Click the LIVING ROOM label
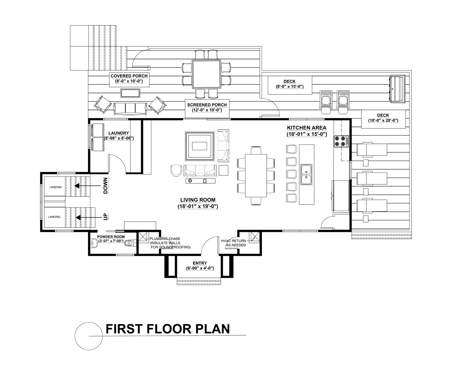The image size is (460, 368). [x=198, y=200]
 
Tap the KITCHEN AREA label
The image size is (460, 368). [x=307, y=128]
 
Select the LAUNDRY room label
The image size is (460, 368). [x=119, y=133]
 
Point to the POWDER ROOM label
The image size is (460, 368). [x=111, y=237]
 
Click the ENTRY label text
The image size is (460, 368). [x=200, y=263]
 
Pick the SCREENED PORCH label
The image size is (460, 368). [x=207, y=105]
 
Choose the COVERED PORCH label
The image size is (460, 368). [x=129, y=76]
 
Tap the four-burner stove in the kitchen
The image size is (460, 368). [x=341, y=141]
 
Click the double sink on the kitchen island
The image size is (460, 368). [x=307, y=175]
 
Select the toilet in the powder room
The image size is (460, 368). [x=130, y=243]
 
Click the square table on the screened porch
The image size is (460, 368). [x=206, y=74]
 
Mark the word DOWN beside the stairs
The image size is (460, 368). [x=105, y=185]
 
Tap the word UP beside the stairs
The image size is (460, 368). [x=105, y=217]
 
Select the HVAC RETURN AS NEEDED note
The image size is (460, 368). [x=234, y=243]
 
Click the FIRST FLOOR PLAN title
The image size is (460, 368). [x=168, y=329]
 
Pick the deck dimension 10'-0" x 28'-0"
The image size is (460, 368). [x=383, y=120]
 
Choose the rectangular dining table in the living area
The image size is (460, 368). [x=256, y=175]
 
